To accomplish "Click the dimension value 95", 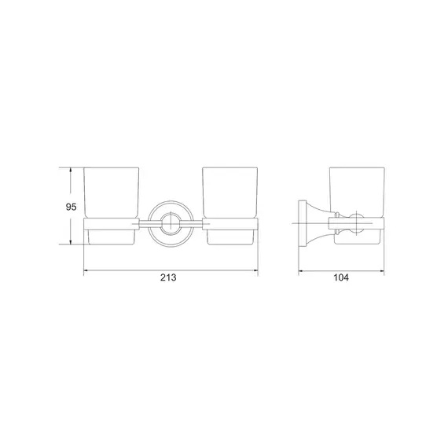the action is tap(72, 207).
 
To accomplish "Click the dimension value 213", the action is tap(168, 277).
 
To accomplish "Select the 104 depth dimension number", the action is tap(341, 277).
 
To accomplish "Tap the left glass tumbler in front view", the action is tap(112, 193).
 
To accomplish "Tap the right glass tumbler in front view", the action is tap(230, 193).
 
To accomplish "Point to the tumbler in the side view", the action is tap(357, 193).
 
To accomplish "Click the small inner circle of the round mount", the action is tap(171, 223).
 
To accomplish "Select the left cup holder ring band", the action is tap(111, 224).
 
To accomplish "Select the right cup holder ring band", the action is tap(230, 224).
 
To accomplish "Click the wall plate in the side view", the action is tap(301, 223).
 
